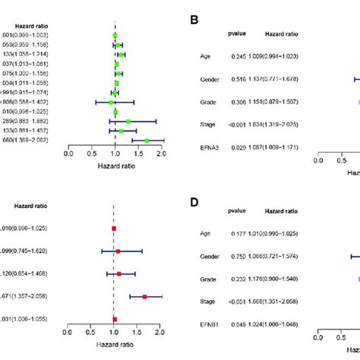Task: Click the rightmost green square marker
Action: click(147, 140)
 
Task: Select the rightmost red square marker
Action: click(144, 296)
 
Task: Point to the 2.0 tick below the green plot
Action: click(161, 153)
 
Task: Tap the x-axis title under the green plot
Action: click(114, 166)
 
